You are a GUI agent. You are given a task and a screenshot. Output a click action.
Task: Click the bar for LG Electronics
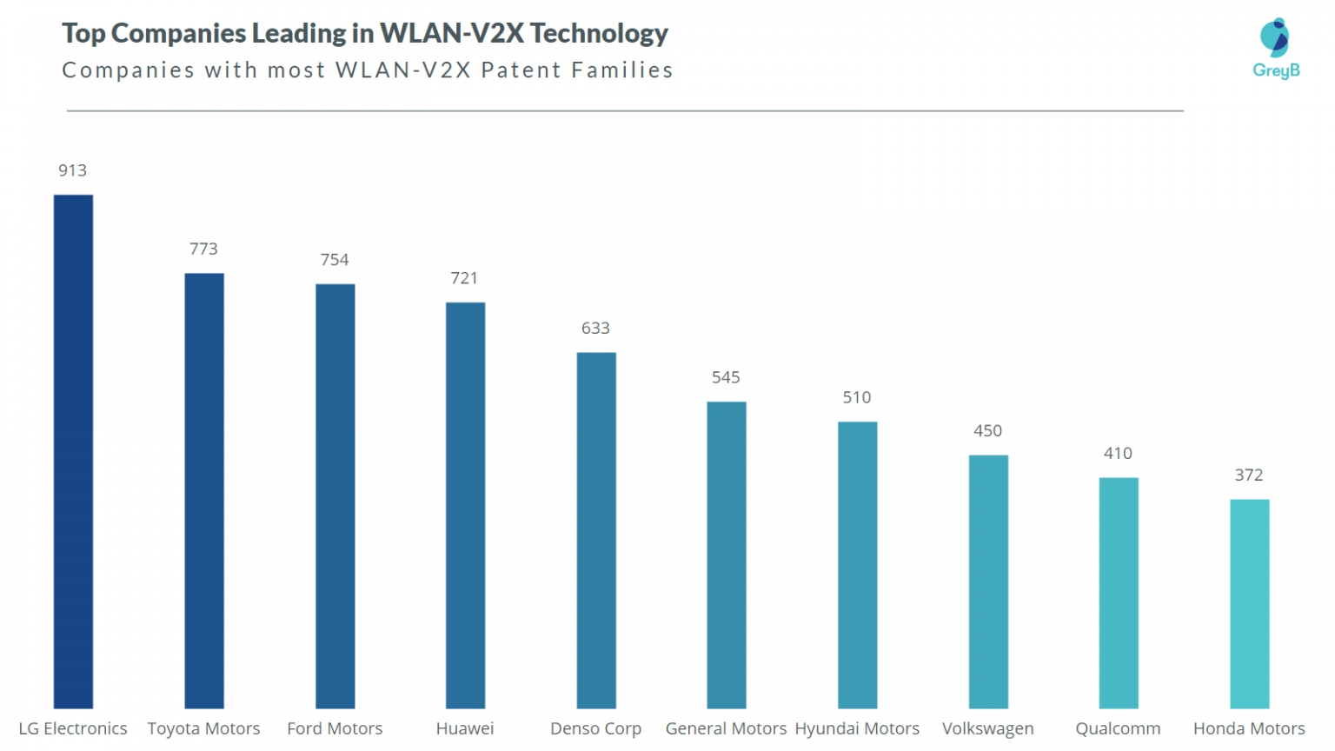(x=73, y=451)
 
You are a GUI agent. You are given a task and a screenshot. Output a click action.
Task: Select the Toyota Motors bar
(x=204, y=490)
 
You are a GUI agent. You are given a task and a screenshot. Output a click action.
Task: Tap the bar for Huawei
(x=465, y=505)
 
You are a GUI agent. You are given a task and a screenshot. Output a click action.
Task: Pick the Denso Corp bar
(x=596, y=530)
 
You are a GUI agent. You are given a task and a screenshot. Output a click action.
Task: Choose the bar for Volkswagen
(x=988, y=582)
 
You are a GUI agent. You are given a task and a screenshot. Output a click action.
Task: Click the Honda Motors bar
(x=1249, y=603)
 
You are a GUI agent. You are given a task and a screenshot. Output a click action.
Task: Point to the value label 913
(x=73, y=170)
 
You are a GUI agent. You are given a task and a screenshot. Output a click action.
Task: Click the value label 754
(x=335, y=260)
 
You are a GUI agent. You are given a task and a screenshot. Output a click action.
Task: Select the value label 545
(x=726, y=377)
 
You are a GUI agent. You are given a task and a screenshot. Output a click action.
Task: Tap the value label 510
(x=856, y=397)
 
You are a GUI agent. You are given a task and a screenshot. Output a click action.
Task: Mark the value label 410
(x=1118, y=453)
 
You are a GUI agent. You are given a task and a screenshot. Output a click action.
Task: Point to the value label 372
(x=1249, y=475)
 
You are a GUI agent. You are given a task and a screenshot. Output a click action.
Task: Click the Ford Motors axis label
(x=335, y=728)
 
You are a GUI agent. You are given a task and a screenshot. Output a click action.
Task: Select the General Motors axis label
(x=726, y=728)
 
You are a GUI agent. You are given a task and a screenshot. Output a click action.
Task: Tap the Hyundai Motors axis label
(x=857, y=728)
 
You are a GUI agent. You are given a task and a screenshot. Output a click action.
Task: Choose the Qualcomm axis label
(x=1118, y=728)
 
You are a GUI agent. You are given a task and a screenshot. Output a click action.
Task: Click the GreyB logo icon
(x=1275, y=37)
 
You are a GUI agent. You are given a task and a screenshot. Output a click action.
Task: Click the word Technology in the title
(x=599, y=33)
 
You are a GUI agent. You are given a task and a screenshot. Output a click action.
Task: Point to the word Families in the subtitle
(x=622, y=70)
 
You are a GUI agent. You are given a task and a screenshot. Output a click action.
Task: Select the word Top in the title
(x=83, y=33)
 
